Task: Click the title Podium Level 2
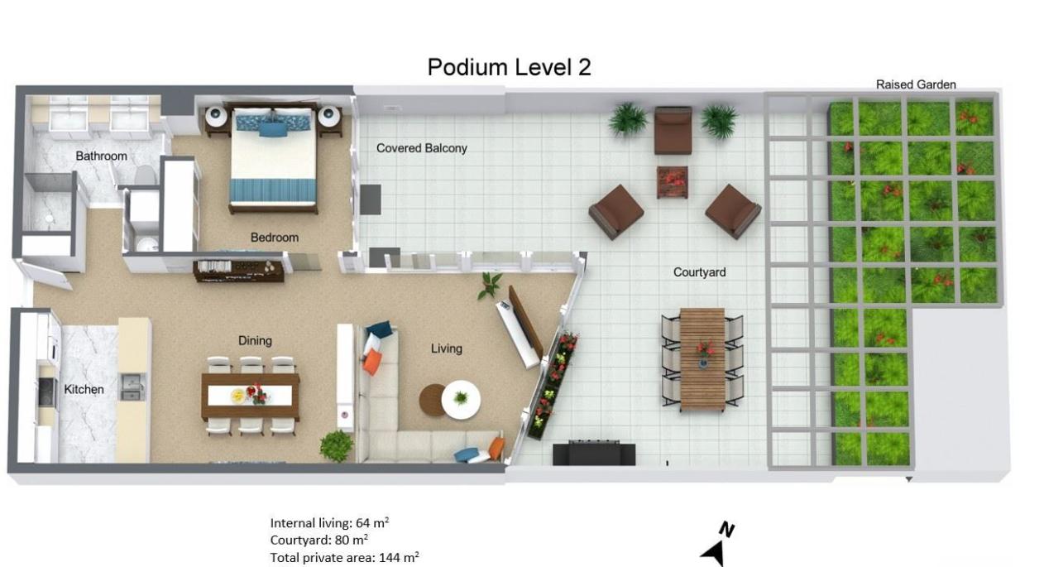click(509, 67)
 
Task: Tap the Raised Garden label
click(916, 84)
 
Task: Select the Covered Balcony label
click(421, 148)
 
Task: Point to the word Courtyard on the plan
click(699, 272)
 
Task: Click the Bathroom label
click(101, 156)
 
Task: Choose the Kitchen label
click(84, 389)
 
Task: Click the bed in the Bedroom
click(273, 159)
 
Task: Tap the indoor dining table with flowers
click(251, 396)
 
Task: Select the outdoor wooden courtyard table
click(702, 359)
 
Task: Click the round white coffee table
click(461, 400)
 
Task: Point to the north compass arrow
click(714, 554)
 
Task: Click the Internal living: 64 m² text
click(329, 522)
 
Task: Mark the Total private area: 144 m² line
click(344, 557)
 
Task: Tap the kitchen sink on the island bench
click(133, 387)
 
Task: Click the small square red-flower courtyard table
click(672, 182)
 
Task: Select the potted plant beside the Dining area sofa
click(337, 446)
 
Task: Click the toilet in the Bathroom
click(145, 175)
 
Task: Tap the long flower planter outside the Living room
click(553, 386)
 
